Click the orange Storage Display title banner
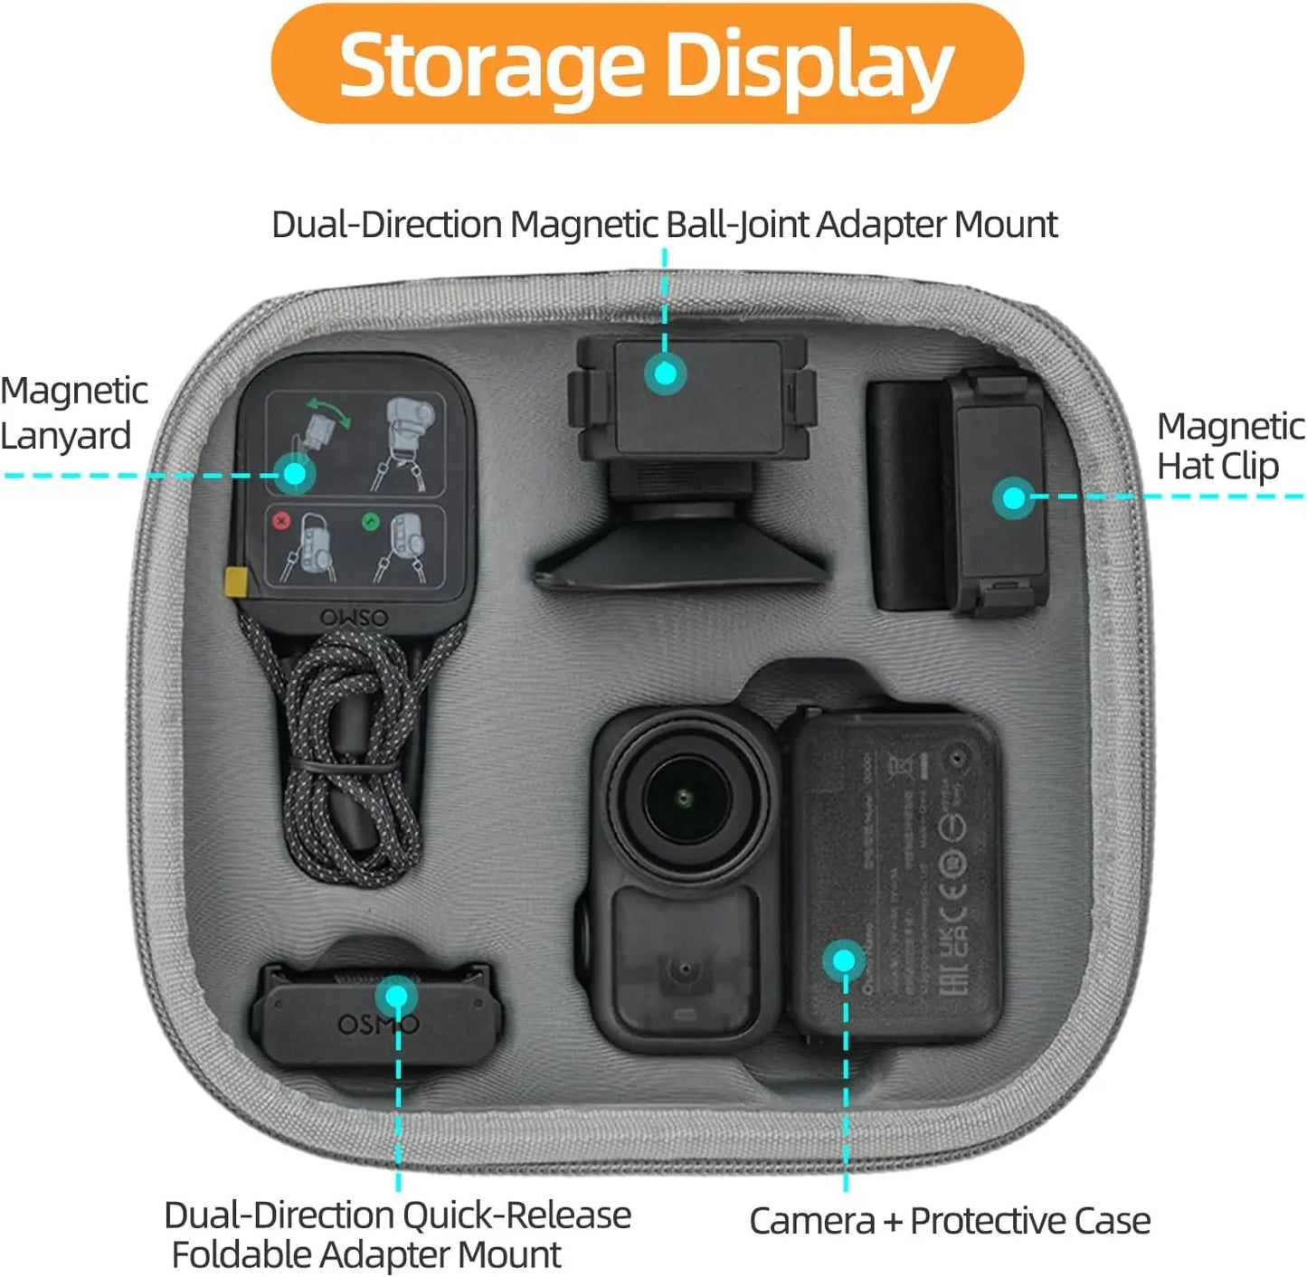[647, 63]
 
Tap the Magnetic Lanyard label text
[72, 413]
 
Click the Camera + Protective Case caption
[949, 1221]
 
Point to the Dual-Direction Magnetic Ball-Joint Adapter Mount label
[664, 224]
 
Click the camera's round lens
[685, 796]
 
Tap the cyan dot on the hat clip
[1013, 497]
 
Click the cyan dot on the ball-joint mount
[666, 373]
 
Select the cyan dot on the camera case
[844, 960]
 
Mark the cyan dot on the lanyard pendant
[294, 473]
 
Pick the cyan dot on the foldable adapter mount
[396, 997]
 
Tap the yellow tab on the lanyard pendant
[236, 582]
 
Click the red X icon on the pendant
[281, 521]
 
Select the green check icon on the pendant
[369, 522]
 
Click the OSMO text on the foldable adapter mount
[378, 1025]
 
